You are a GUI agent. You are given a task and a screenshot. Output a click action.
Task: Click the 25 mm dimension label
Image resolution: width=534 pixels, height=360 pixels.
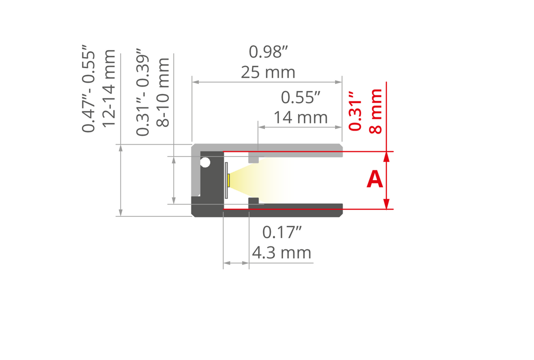point(268,72)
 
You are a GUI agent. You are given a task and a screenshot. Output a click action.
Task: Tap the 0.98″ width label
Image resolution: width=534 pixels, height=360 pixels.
point(268,52)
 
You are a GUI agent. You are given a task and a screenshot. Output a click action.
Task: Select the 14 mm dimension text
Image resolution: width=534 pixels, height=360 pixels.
point(300,117)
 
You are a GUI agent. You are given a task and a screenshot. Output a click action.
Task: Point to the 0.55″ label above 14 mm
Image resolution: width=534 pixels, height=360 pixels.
point(300,98)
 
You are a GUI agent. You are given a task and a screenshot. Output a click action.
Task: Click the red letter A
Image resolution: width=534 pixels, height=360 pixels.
point(374,180)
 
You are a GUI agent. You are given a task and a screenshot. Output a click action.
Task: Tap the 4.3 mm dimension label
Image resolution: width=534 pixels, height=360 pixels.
point(282,253)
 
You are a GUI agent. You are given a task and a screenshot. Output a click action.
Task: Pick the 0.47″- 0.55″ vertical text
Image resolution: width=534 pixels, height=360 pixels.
point(88,91)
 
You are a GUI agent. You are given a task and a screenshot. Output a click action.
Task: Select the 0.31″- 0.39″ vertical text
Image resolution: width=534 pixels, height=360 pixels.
point(143,95)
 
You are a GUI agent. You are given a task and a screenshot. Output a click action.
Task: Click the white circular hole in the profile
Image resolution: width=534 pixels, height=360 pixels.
point(205,163)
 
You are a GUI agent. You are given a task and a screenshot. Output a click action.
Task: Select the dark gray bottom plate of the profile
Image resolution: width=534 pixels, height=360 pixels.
point(286,210)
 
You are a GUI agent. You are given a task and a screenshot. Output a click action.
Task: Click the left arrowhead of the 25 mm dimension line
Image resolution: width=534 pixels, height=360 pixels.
point(195,82)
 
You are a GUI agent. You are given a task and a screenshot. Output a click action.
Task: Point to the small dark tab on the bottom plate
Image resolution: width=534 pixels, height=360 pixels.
point(253,201)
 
